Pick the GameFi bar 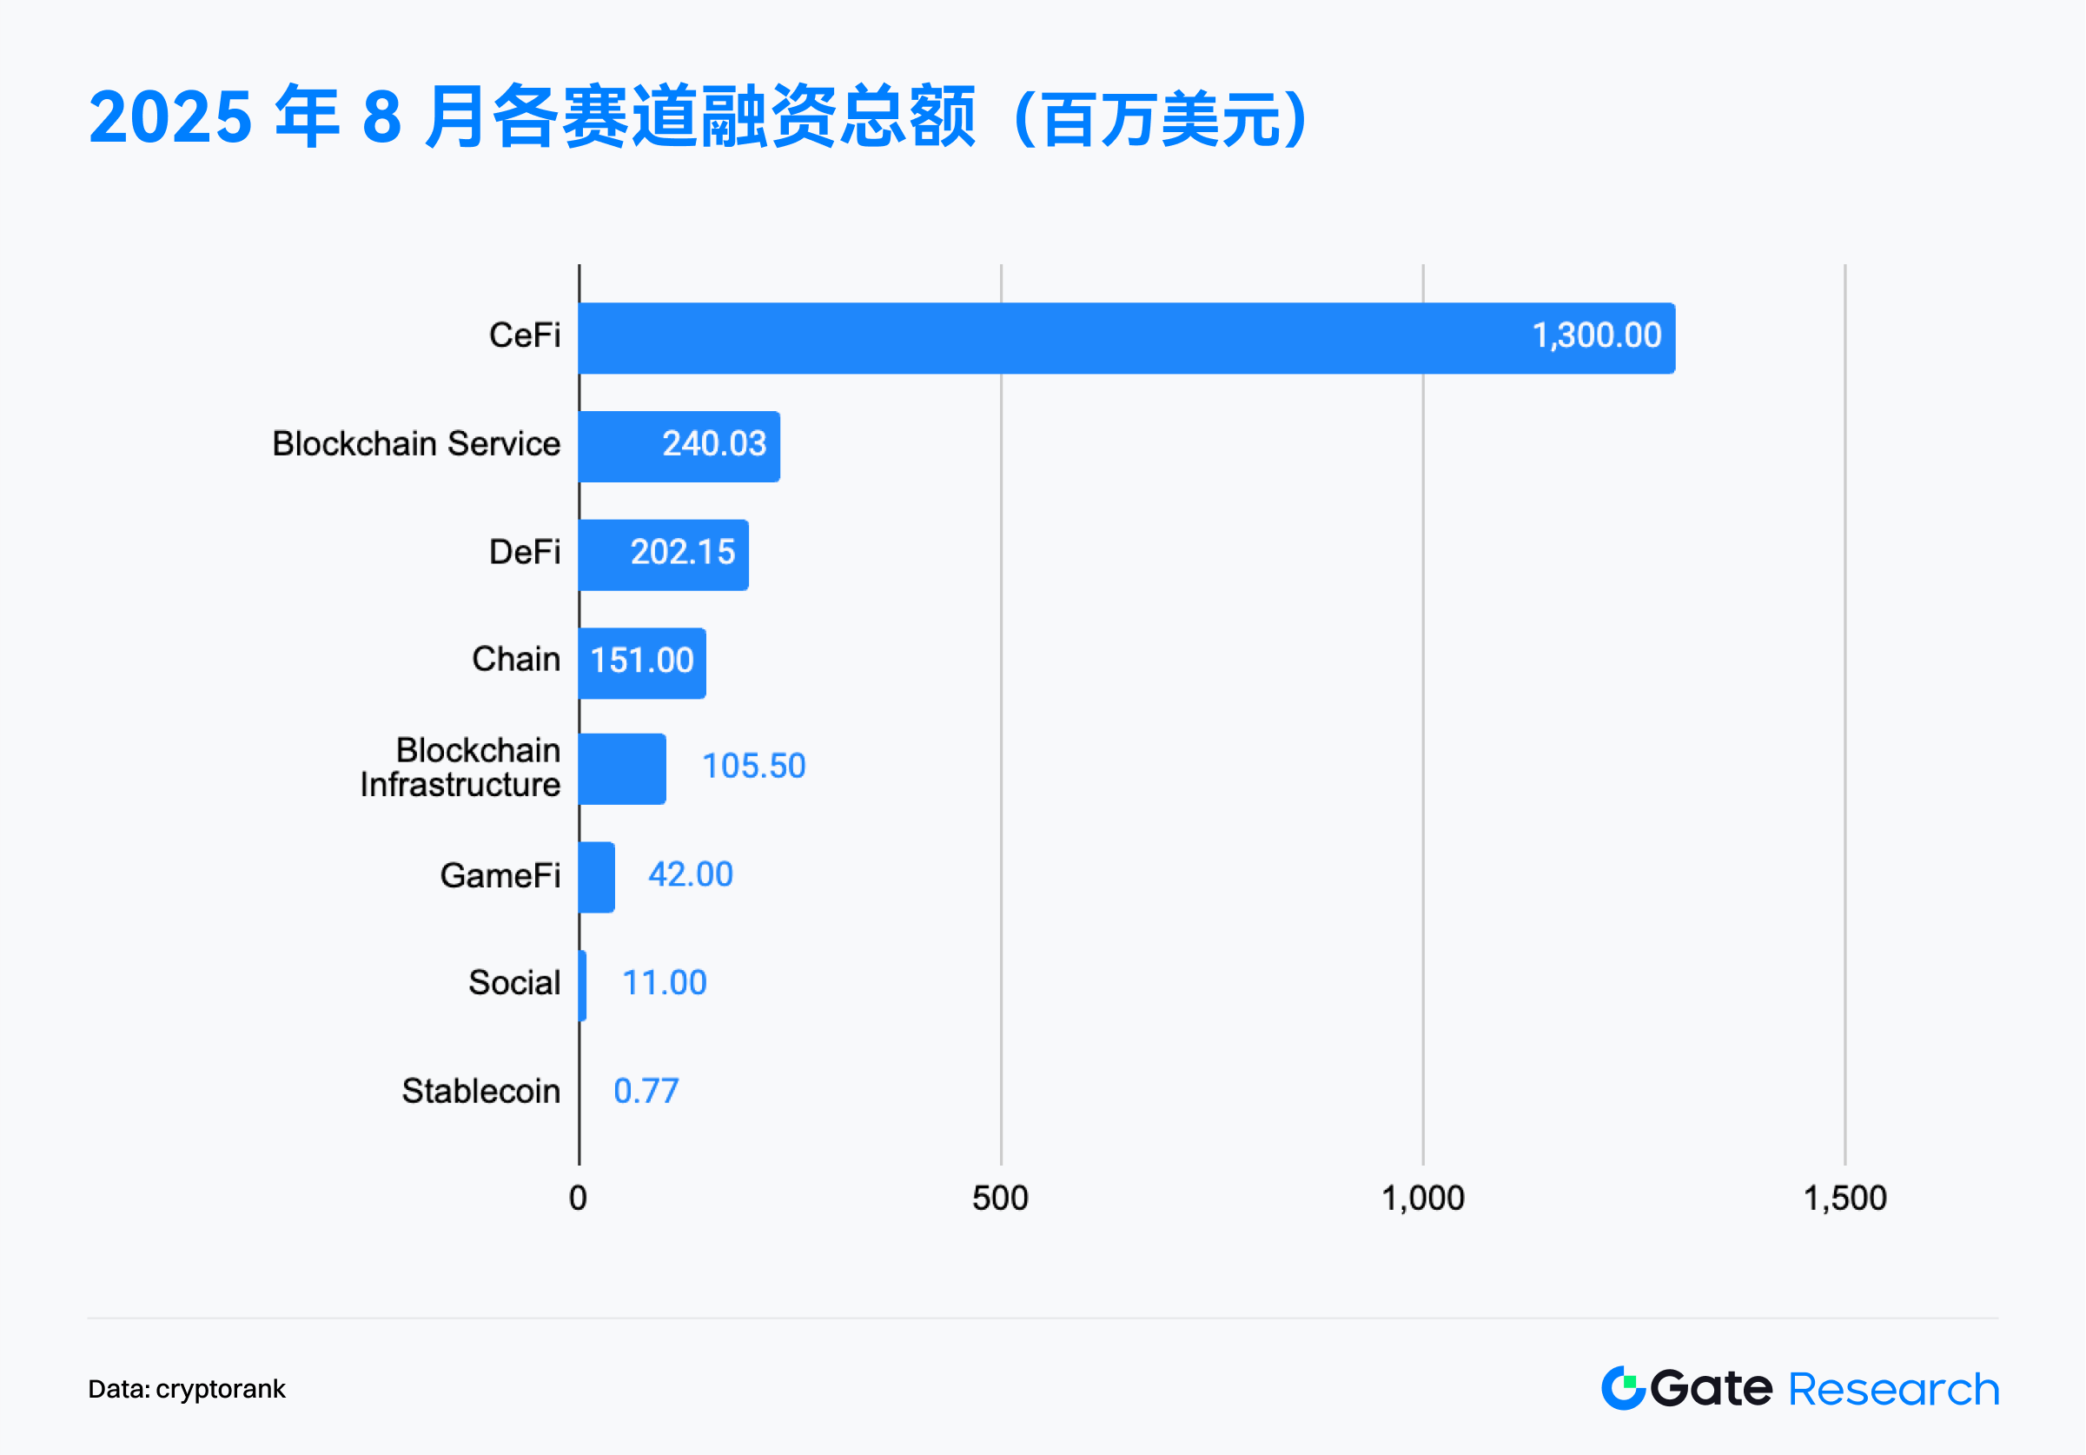tap(597, 877)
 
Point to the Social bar tap(582, 985)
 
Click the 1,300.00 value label tap(1596, 336)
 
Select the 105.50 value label tap(753, 766)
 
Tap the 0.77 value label tap(646, 1091)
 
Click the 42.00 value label tap(690, 874)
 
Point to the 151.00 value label tap(642, 661)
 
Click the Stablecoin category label tap(480, 1091)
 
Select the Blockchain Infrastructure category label tap(460, 767)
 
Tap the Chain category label tap(515, 659)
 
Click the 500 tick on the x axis tap(1000, 1198)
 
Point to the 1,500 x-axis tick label tap(1844, 1198)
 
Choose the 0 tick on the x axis tap(578, 1198)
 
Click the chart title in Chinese tap(698, 117)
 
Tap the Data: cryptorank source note tap(186, 1389)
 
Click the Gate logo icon tap(1623, 1388)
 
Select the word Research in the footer tap(1893, 1389)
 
